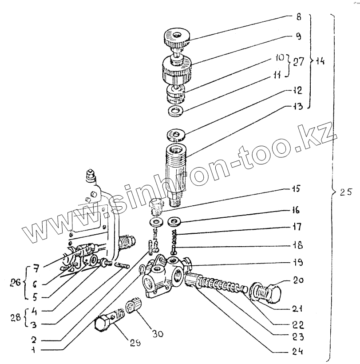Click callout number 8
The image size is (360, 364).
click(x=298, y=18)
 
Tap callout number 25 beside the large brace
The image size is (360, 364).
click(x=345, y=192)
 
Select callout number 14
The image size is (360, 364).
click(x=320, y=61)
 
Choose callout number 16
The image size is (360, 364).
click(x=296, y=209)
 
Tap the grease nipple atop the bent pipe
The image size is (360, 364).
click(x=90, y=175)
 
